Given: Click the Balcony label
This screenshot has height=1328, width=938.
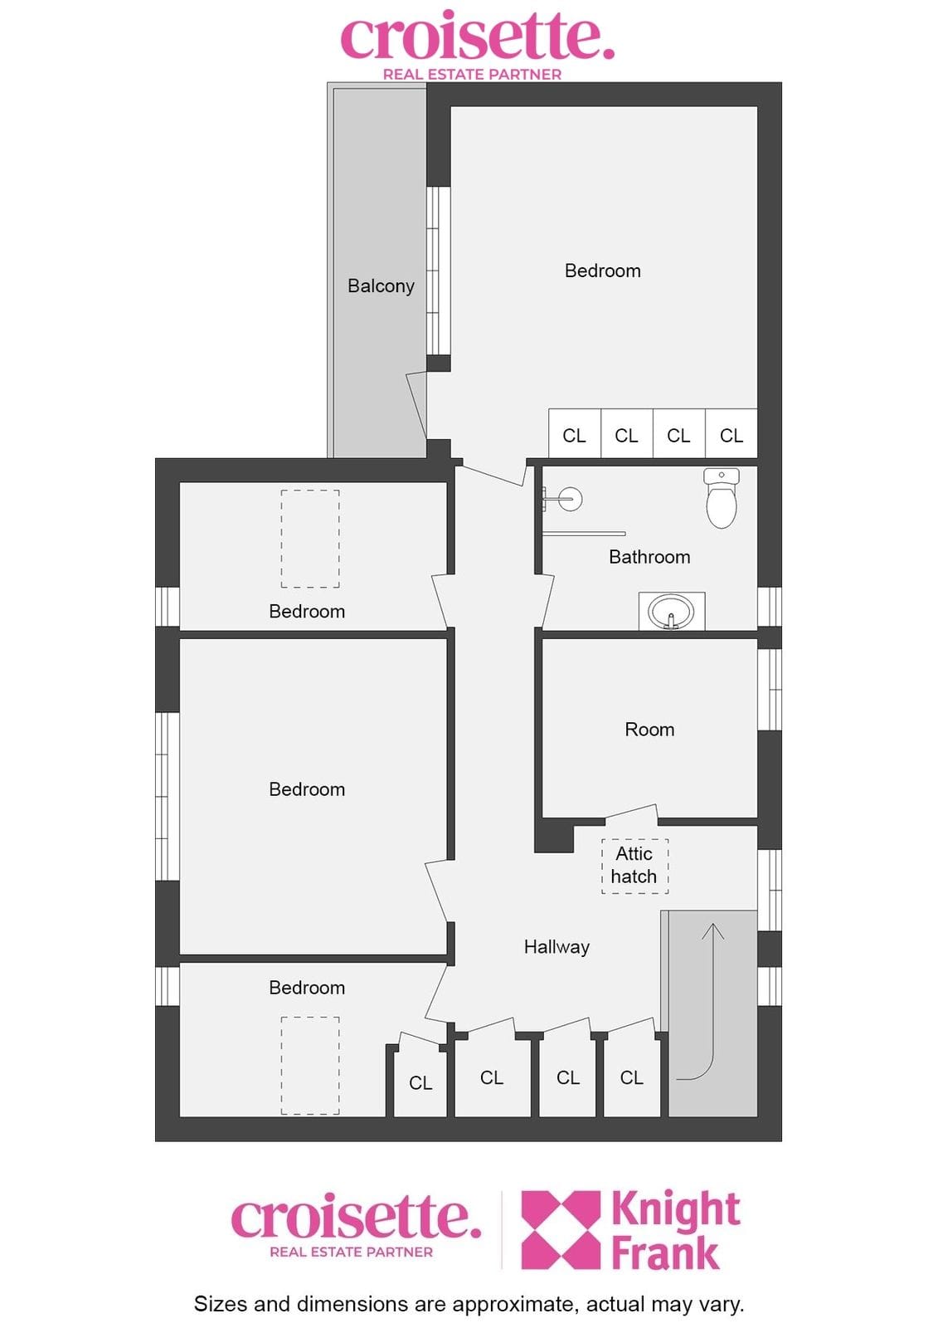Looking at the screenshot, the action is tap(381, 286).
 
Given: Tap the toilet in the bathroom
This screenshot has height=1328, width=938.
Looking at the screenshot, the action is tap(722, 497).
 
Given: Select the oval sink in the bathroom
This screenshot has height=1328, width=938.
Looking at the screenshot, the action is tap(671, 611).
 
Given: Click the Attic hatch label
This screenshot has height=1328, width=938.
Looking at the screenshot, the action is tap(634, 865).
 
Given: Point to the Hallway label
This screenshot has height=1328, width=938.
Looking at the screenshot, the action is tap(556, 947).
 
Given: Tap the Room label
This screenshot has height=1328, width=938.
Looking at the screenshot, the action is tap(649, 730).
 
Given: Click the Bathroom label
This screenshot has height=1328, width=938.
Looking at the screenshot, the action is tap(649, 557).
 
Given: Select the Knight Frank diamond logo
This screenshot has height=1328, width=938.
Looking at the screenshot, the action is tap(561, 1229).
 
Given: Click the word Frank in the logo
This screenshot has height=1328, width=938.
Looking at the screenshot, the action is tap(665, 1252).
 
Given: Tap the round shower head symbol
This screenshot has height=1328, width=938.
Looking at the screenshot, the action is tap(571, 499).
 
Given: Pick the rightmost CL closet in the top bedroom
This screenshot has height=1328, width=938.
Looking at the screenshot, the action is tap(731, 433).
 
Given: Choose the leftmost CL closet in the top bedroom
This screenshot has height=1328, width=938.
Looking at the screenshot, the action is tap(574, 433).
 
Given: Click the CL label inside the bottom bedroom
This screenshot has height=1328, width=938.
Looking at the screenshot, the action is tap(420, 1083).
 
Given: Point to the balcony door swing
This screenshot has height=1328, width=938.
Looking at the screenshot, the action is tap(416, 405).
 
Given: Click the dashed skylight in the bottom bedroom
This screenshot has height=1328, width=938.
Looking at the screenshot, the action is tap(310, 1066).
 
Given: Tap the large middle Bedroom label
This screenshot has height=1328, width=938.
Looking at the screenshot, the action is tap(307, 789).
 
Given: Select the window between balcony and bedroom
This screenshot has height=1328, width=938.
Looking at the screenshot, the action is tap(439, 271).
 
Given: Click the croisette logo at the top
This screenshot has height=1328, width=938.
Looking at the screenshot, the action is tap(476, 45).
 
